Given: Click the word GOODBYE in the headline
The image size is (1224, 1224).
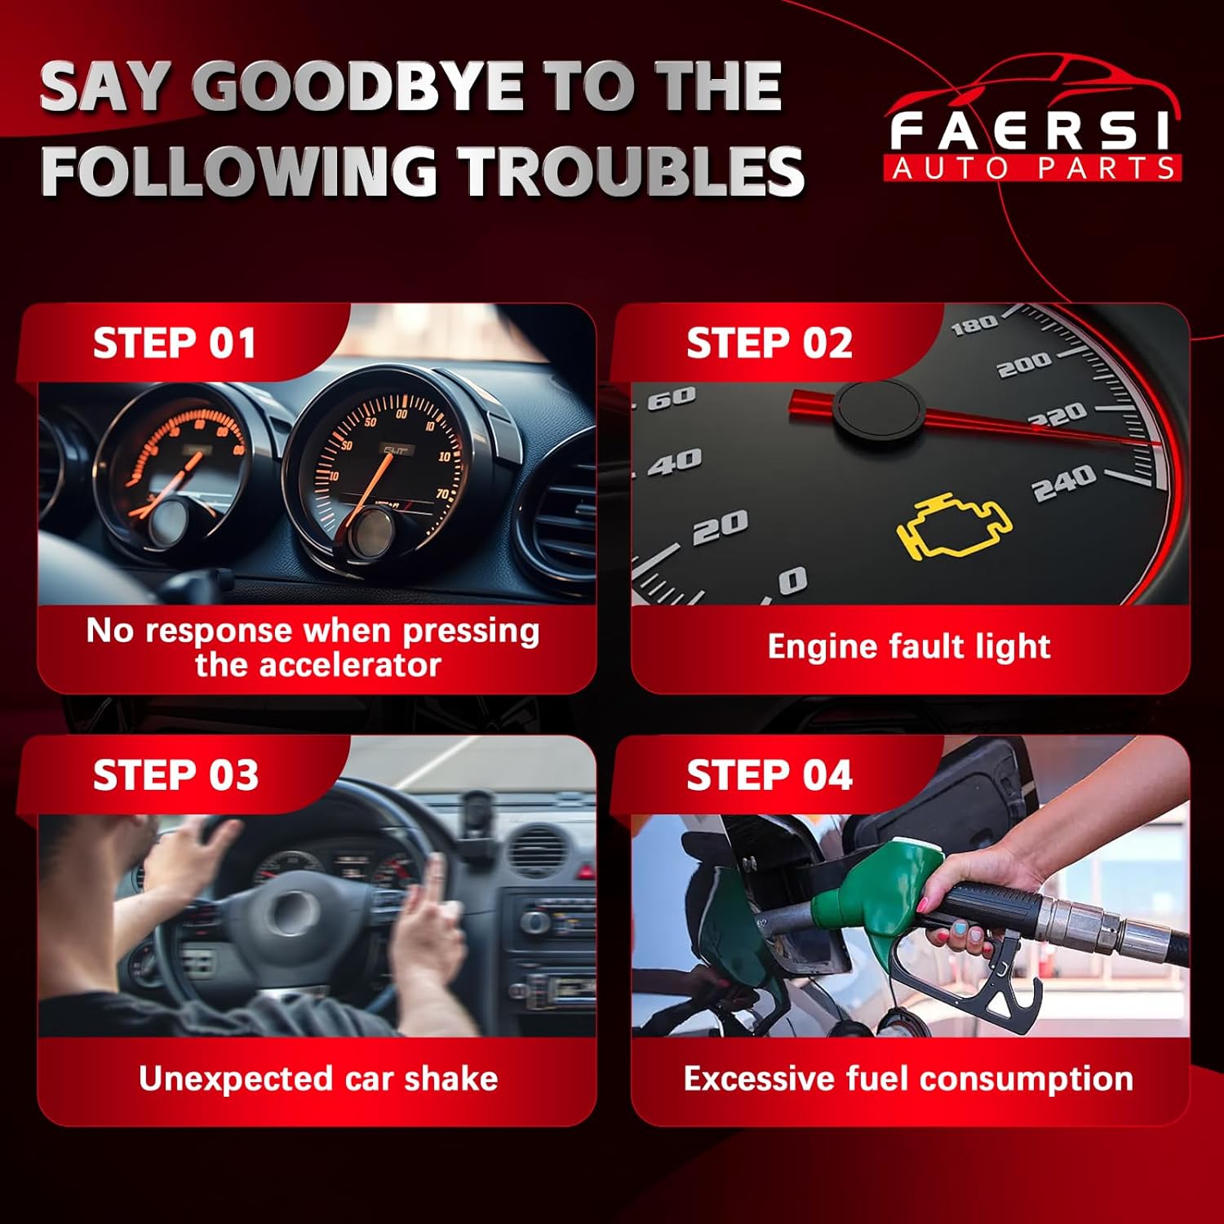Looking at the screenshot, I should (359, 87).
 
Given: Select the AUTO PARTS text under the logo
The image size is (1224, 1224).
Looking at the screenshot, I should (1032, 168).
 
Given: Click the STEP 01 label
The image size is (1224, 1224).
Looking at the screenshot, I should (174, 343).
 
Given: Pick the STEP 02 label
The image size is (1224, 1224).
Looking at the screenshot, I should (769, 343).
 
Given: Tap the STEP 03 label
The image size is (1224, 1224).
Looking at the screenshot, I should (175, 774).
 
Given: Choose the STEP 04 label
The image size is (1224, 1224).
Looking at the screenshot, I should (769, 774).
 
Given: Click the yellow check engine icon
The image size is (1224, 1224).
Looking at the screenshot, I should (954, 526).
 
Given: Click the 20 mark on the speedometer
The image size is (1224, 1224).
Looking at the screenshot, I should (720, 526).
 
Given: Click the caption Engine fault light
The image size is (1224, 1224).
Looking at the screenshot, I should (909, 646).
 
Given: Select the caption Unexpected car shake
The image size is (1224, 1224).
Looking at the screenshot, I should (318, 1079).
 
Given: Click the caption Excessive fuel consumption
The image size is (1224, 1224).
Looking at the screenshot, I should (908, 1079).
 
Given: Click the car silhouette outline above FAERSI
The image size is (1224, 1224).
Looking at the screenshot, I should (1032, 82).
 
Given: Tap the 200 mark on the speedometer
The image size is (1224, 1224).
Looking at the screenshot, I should (1024, 363).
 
